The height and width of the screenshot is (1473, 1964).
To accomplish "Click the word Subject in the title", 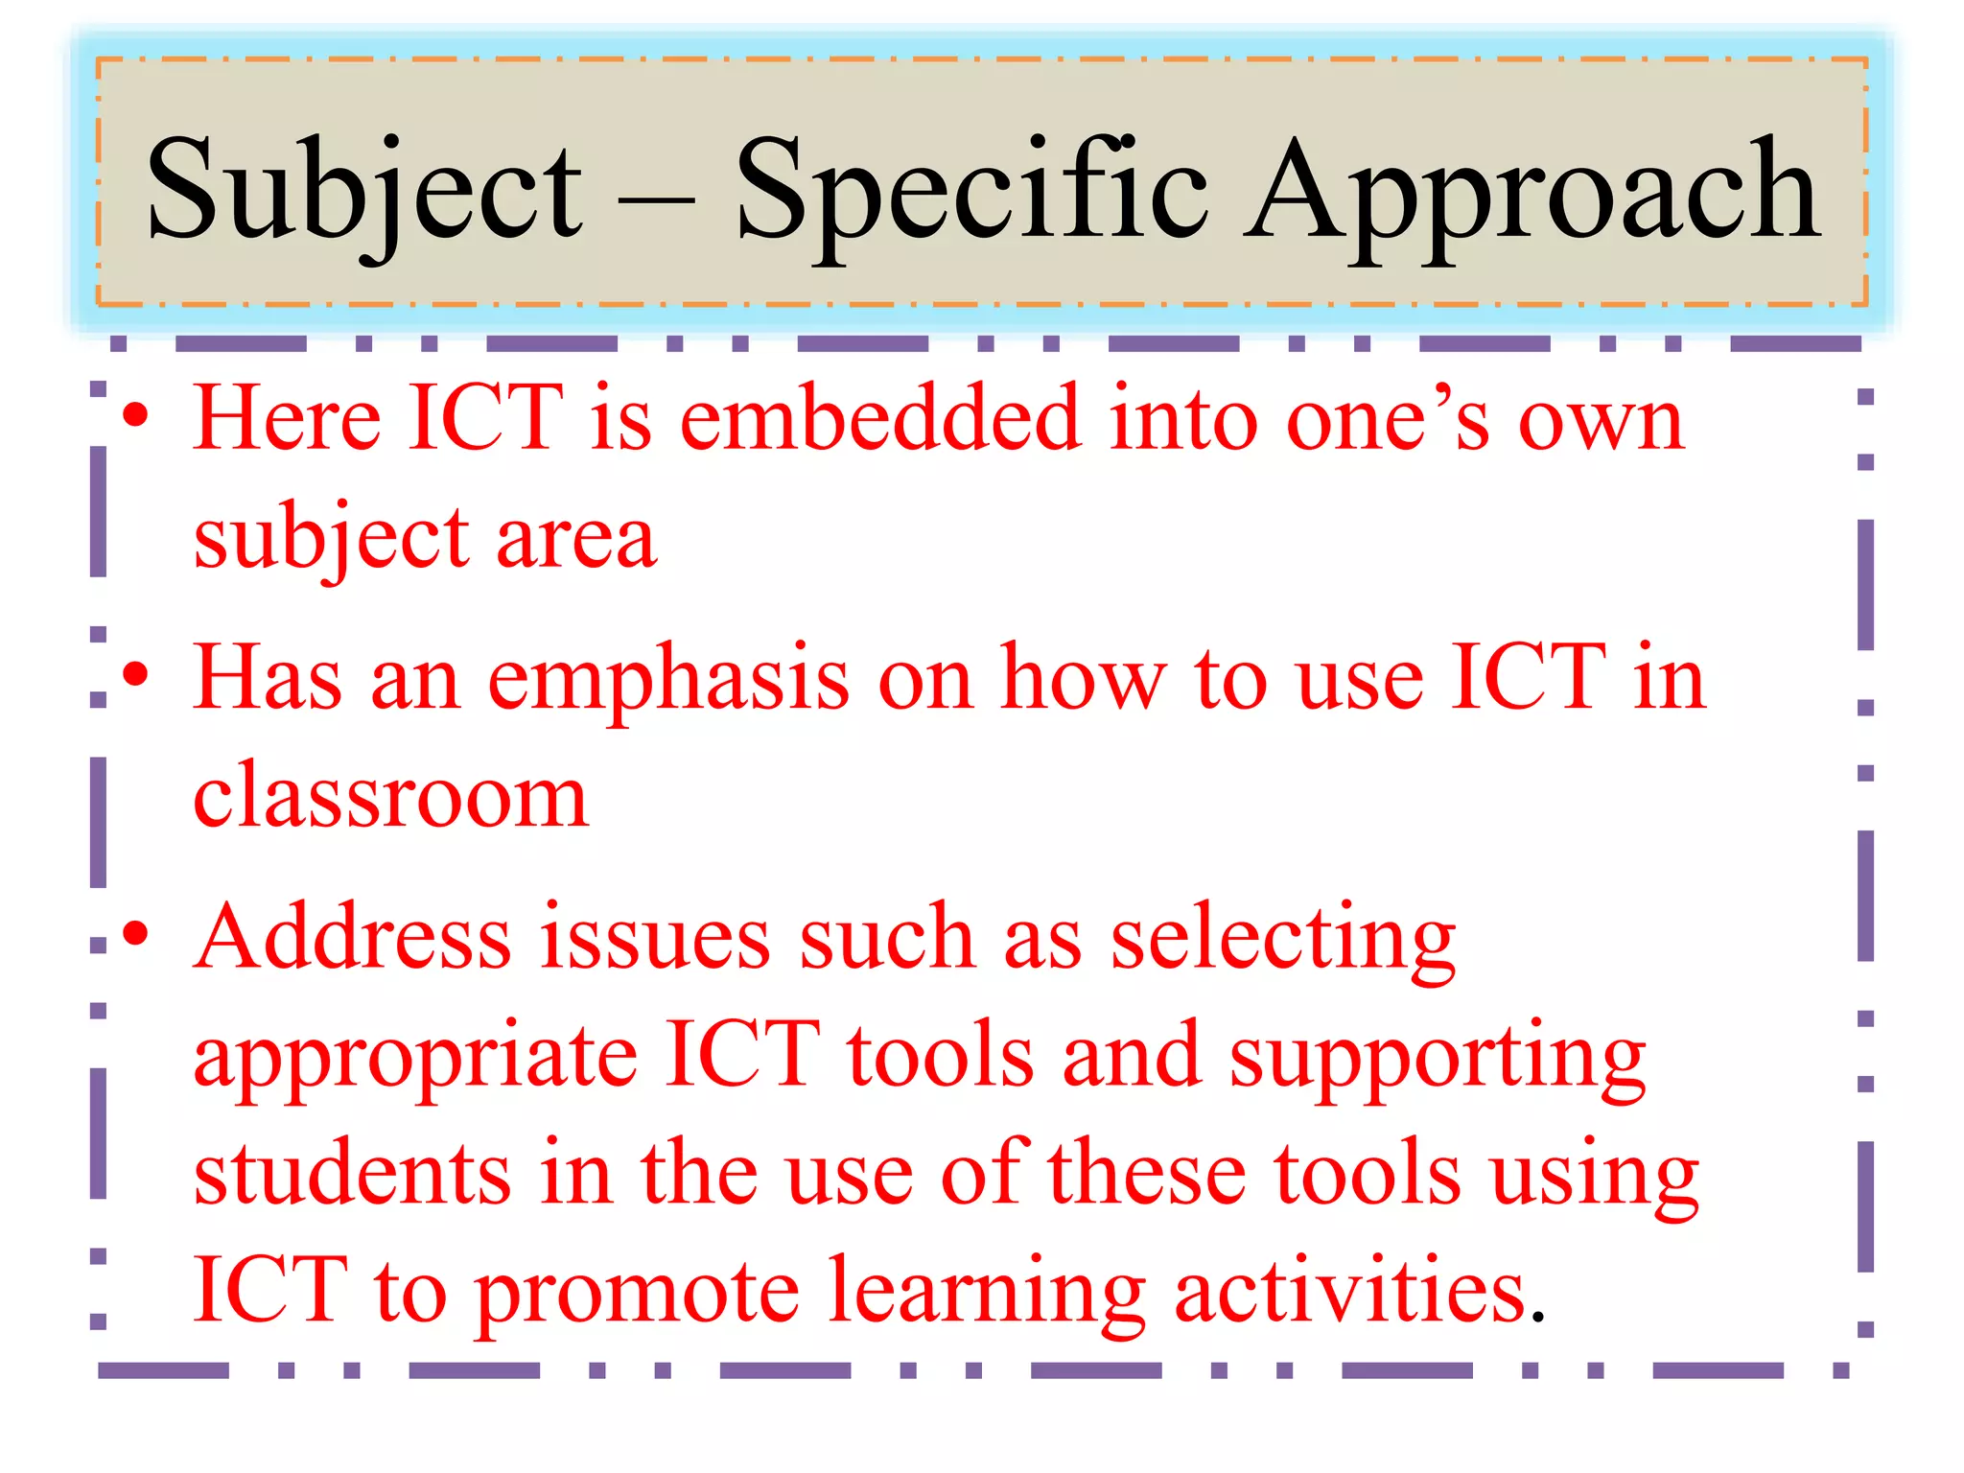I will pos(364,189).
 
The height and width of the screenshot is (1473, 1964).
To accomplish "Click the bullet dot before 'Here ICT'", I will pos(136,415).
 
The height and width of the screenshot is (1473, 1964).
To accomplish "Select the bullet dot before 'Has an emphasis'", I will pos(136,674).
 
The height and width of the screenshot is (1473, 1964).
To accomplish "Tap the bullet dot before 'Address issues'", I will pos(136,932).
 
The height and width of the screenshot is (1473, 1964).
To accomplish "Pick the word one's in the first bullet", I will pos(1389,420).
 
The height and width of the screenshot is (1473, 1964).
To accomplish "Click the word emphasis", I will pos(668,679).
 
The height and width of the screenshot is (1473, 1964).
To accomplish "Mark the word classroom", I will pos(390,796).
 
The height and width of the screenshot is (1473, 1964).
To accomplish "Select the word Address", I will pos(353,936).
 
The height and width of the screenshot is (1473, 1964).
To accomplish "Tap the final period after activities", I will pos(1538,1317).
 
